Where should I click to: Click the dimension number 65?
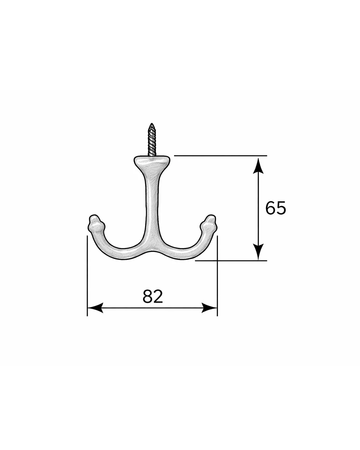click(x=276, y=208)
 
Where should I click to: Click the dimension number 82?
click(x=153, y=297)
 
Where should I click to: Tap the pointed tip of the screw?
click(x=152, y=124)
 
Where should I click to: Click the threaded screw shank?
click(x=152, y=139)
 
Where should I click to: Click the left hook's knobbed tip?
click(x=96, y=223)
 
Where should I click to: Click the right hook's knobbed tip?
click(x=208, y=223)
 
